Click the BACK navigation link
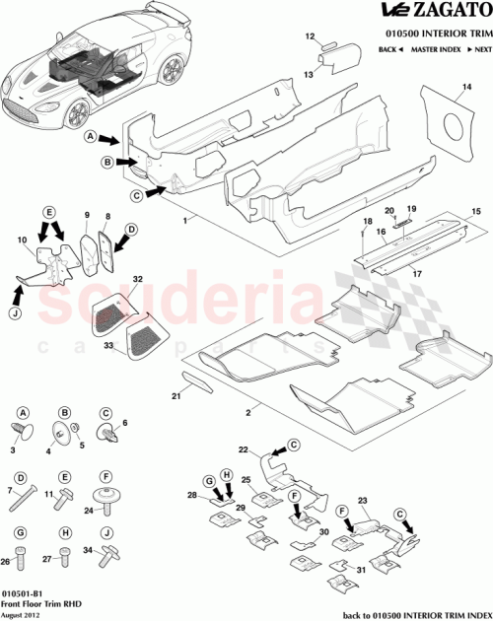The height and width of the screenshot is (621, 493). coord(389,48)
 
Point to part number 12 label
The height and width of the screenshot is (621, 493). coord(308,36)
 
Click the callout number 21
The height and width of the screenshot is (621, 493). coord(176,395)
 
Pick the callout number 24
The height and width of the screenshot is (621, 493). coord(88,511)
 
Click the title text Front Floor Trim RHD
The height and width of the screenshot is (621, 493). coord(37,603)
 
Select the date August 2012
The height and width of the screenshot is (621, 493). coord(22,614)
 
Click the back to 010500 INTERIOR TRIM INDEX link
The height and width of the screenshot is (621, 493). coord(413,614)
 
